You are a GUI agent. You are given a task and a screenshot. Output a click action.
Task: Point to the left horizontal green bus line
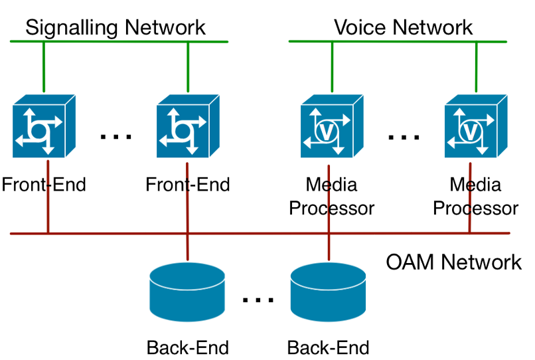119,42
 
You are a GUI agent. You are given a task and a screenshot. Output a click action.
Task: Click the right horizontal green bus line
398,42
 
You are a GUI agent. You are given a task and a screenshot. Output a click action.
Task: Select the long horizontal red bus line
259,233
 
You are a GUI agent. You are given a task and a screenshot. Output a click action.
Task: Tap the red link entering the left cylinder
188,247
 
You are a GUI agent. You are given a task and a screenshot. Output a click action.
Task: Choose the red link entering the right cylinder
329,247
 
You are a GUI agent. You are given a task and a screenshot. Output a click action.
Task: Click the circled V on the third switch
326,132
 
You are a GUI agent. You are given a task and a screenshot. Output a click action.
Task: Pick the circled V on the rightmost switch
470,132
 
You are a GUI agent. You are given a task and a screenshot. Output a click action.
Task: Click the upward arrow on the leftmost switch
30,114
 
